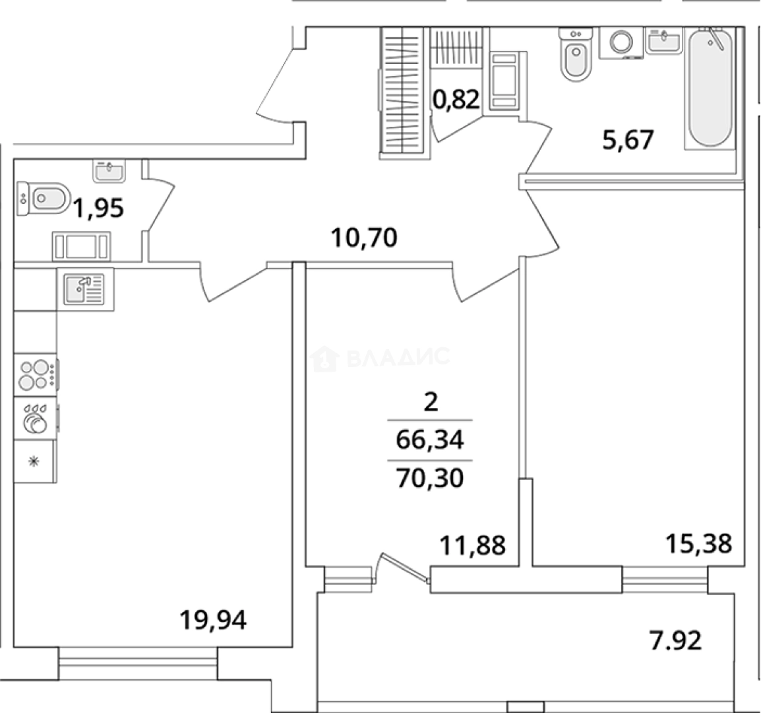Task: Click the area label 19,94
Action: tap(213, 620)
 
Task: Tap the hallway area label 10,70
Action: tap(364, 238)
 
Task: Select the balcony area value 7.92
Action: tap(675, 640)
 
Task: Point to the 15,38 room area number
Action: tap(698, 544)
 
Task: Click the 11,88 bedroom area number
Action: tap(472, 545)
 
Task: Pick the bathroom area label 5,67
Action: tap(628, 140)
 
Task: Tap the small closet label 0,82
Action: tap(456, 99)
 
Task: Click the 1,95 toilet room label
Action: tap(98, 209)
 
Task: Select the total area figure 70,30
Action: tap(430, 478)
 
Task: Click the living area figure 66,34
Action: tap(430, 440)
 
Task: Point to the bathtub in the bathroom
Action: tap(710, 88)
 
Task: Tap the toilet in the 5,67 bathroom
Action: tap(576, 54)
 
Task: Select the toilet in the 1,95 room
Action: tap(44, 198)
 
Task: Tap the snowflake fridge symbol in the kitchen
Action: tap(34, 461)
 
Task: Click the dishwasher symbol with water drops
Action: tap(36, 418)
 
